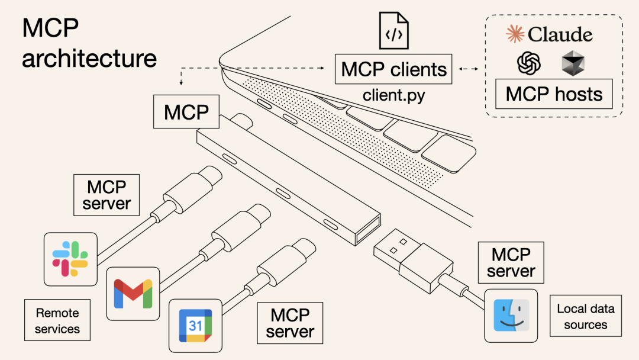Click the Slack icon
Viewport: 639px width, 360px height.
pyautogui.click(x=70, y=259)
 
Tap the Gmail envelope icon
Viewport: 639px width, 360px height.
pyautogui.click(x=133, y=293)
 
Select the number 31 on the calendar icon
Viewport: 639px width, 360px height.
pyautogui.click(x=195, y=325)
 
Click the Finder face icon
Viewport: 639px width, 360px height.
pyautogui.click(x=511, y=315)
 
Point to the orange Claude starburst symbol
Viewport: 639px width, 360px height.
pyautogui.click(x=515, y=34)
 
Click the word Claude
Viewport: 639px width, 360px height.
pyautogui.click(x=560, y=34)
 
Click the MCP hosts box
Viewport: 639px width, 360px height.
pyautogui.click(x=554, y=94)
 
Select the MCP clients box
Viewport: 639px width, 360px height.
pyautogui.click(x=393, y=69)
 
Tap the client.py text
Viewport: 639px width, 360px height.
pyautogui.click(x=393, y=95)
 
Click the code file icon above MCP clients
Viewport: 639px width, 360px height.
pyautogui.click(x=393, y=31)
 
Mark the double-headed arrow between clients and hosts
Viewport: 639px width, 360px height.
pyautogui.click(x=469, y=69)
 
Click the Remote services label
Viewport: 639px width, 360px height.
pyautogui.click(x=57, y=320)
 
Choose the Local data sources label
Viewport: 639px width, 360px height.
pyautogui.click(x=586, y=316)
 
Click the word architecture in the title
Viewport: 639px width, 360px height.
pyautogui.click(x=89, y=58)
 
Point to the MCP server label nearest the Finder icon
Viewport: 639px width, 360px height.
pyautogui.click(x=511, y=262)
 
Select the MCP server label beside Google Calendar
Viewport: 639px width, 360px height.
pyautogui.click(x=290, y=323)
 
